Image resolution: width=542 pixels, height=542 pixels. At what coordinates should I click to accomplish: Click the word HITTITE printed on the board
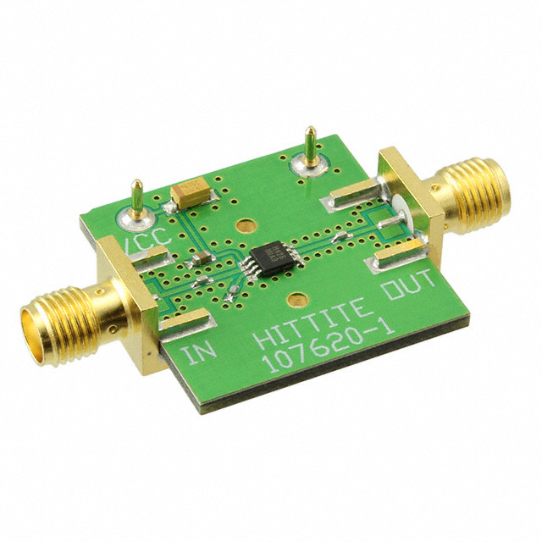click(310, 321)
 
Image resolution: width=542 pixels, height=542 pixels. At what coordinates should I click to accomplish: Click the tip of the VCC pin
click(137, 181)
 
